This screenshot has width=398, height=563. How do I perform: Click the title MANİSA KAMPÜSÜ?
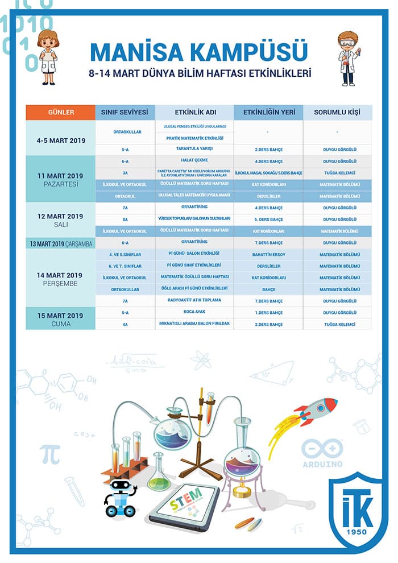point(198,52)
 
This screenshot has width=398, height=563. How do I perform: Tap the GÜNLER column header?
point(60,113)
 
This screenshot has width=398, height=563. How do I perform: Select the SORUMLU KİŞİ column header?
point(337,113)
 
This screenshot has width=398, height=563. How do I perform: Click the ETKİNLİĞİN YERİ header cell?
point(268,113)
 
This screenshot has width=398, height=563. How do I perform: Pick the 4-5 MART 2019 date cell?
point(60,138)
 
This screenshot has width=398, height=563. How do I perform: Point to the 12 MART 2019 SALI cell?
point(60,220)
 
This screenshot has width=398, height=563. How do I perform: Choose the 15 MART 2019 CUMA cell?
point(60,319)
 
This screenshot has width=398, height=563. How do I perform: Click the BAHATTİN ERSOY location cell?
point(268,254)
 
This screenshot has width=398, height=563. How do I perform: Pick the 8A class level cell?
point(125,220)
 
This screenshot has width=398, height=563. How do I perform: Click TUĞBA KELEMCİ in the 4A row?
point(337,324)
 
